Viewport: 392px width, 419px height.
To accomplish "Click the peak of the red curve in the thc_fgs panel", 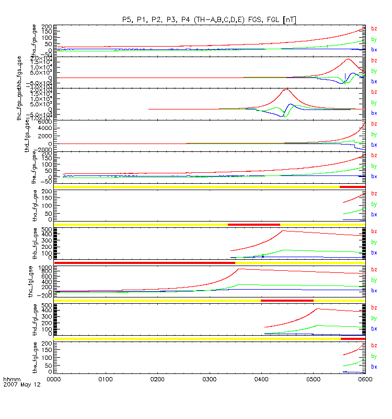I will [x=285, y=90].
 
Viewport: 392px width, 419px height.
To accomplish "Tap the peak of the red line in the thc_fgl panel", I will [x=238, y=269].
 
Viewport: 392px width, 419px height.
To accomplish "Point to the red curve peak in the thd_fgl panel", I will [x=318, y=308].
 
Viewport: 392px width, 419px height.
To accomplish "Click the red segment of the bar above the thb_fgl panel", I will [x=254, y=225].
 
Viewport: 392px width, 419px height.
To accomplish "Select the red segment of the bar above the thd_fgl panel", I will [x=287, y=300].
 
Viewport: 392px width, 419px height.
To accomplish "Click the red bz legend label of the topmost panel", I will [x=374, y=29].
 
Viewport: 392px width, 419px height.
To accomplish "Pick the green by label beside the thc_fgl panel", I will [x=374, y=280].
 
